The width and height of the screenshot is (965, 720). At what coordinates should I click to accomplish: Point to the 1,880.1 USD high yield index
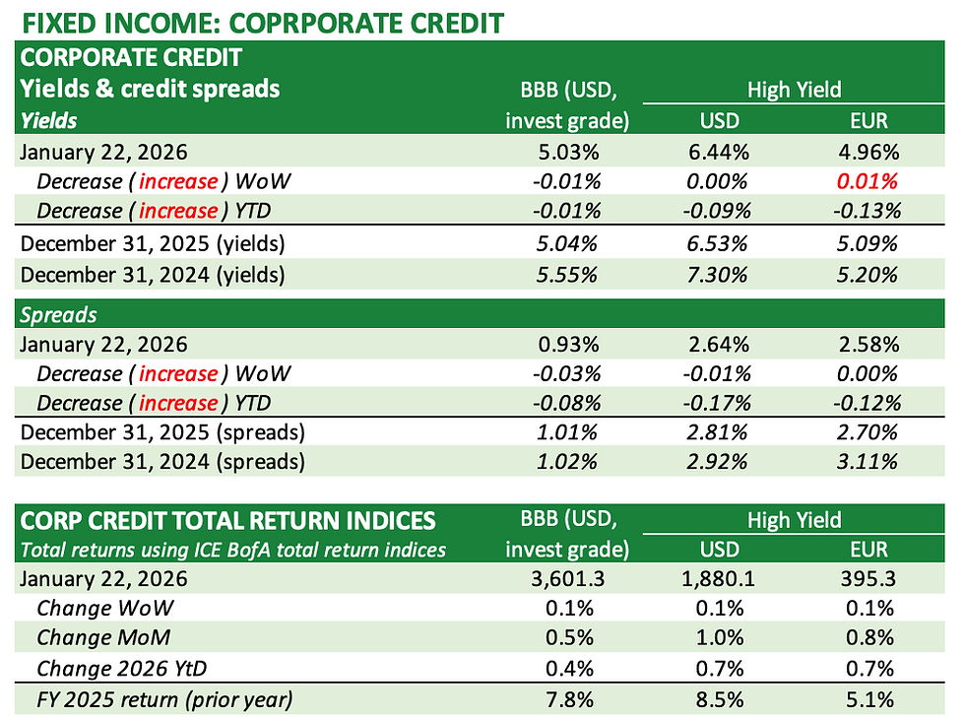(x=716, y=579)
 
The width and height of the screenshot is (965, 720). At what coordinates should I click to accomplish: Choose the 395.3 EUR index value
(x=868, y=579)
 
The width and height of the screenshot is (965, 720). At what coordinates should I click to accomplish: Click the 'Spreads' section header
(x=56, y=314)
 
